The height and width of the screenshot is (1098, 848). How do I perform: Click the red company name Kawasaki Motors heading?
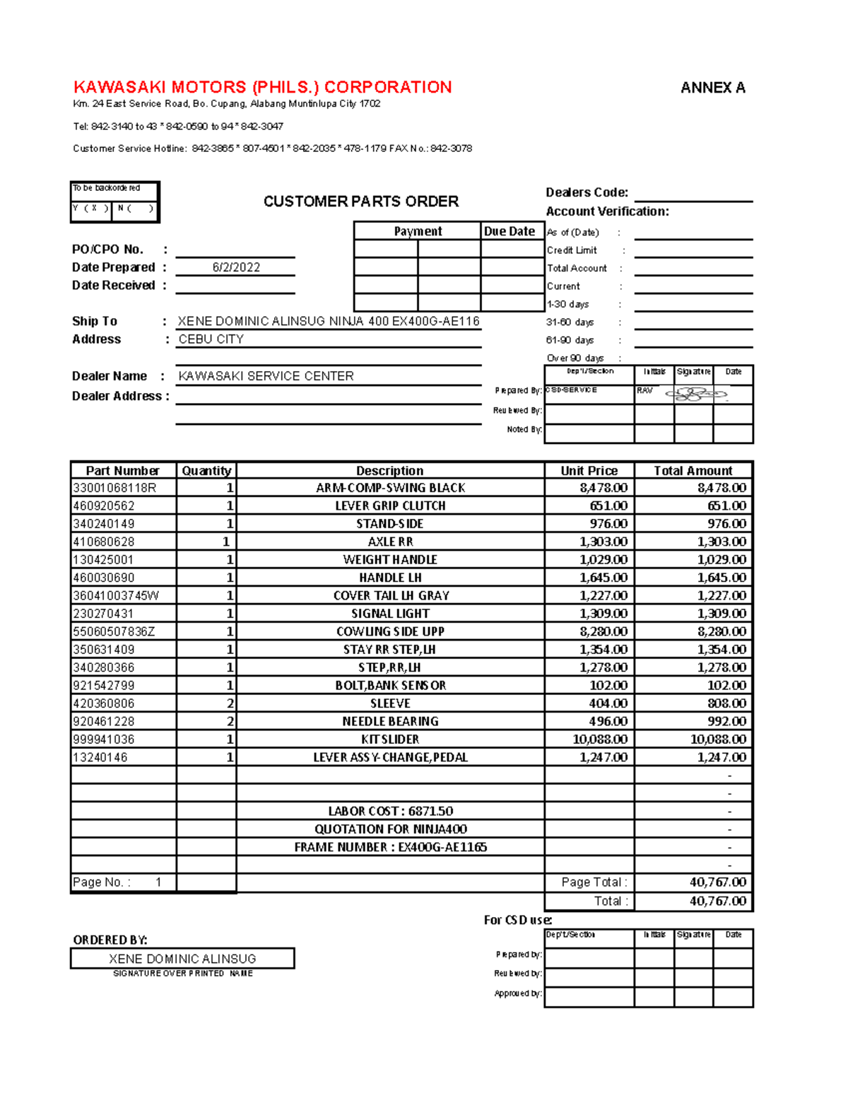click(x=262, y=87)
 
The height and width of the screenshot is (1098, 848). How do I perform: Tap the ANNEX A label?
click(x=712, y=88)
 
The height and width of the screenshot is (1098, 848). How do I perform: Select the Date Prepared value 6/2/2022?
click(x=236, y=267)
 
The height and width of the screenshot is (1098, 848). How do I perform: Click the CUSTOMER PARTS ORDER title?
click(x=360, y=202)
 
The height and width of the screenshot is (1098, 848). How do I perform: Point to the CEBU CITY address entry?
click(x=211, y=339)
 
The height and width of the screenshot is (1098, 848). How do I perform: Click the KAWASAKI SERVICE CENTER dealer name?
click(x=266, y=376)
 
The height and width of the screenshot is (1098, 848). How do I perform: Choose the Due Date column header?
click(x=510, y=231)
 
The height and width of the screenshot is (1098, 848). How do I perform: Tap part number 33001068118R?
click(x=114, y=488)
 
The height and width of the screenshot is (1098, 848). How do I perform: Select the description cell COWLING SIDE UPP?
click(x=390, y=631)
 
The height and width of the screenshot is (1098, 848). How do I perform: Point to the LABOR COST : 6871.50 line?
click(x=390, y=811)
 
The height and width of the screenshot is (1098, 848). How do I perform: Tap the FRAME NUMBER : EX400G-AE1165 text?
click(x=390, y=847)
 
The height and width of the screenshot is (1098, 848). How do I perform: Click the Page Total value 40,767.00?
click(x=717, y=882)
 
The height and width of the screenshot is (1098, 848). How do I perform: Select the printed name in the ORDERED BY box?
click(x=182, y=959)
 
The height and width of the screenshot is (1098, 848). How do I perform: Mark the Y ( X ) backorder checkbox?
click(x=91, y=209)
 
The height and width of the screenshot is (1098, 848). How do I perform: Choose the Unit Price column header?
click(x=589, y=471)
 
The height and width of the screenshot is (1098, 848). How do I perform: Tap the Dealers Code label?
click(x=587, y=192)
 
